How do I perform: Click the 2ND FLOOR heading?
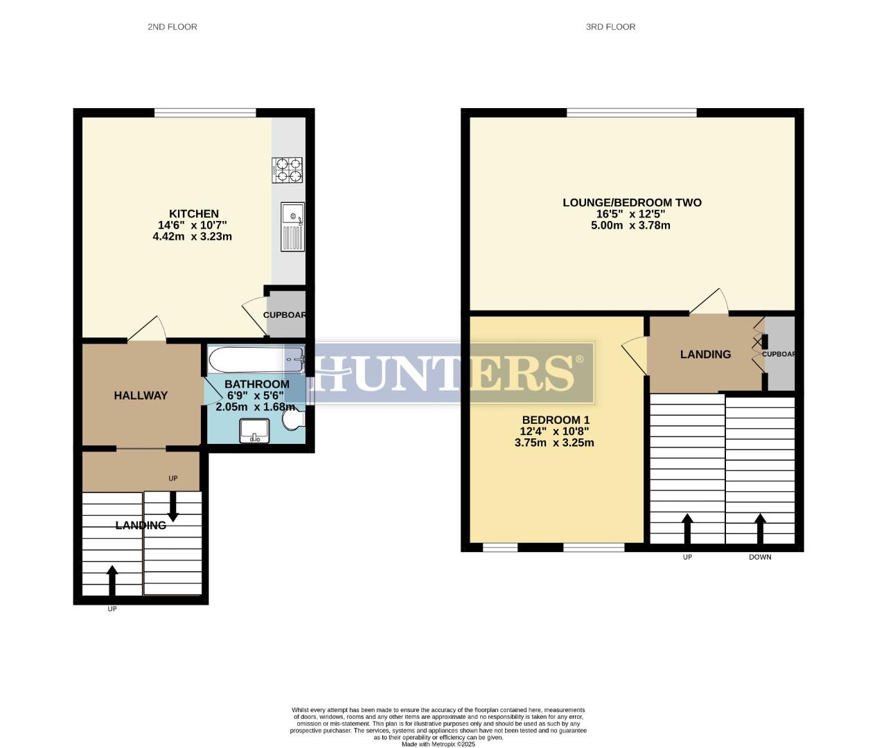click(172, 27)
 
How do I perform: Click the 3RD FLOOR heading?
click(610, 27)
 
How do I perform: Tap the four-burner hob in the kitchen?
click(288, 170)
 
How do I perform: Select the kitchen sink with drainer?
click(292, 226)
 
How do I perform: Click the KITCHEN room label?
click(194, 214)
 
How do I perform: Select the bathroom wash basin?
click(254, 430)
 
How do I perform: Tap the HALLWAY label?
click(141, 395)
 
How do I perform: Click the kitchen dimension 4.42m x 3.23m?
click(192, 236)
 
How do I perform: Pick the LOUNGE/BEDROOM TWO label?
click(632, 203)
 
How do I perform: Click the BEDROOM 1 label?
click(556, 420)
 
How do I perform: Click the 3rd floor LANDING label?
click(705, 355)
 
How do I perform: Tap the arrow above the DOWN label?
click(760, 528)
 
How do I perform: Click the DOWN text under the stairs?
click(760, 557)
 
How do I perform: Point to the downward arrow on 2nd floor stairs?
click(172, 506)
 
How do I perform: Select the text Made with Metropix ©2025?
click(438, 744)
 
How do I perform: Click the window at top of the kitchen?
click(205, 113)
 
